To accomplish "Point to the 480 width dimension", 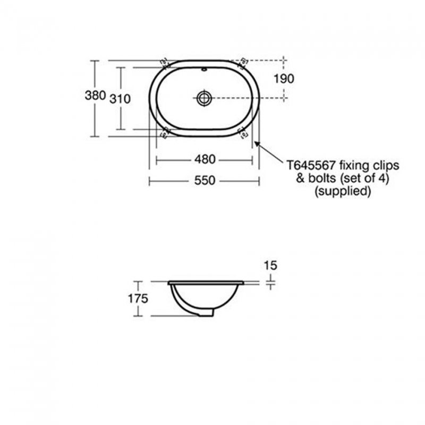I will [x=204, y=159].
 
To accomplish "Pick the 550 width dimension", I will [x=204, y=181].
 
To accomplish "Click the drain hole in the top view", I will [x=204, y=97].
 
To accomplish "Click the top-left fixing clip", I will [x=164, y=62].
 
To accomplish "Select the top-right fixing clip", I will [x=244, y=62].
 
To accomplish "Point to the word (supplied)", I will [x=343, y=191].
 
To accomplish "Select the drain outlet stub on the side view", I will [x=206, y=313].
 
